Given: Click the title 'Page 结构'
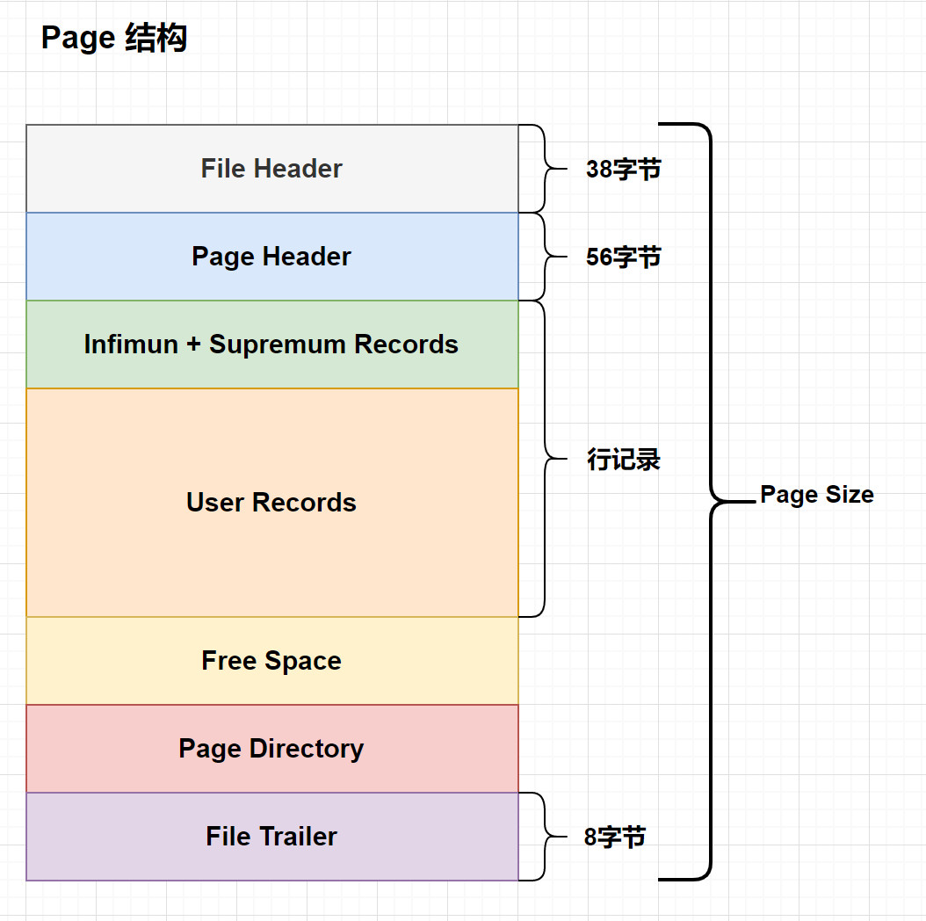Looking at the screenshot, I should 114,39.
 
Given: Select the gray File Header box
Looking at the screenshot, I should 271,169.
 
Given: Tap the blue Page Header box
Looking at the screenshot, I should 271,257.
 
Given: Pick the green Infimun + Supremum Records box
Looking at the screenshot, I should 271,344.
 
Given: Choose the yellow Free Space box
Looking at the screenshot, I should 271,661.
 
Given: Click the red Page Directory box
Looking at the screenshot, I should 271,749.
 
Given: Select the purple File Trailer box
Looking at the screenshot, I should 271,837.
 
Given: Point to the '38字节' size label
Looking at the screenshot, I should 623,170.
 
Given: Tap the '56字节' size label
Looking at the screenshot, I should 623,257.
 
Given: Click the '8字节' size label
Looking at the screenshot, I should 615,838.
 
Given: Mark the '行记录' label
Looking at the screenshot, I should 623,460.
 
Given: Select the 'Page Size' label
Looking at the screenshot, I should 816,495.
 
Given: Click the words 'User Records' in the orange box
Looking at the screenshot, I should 271,503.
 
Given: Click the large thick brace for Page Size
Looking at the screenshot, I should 710,501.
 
